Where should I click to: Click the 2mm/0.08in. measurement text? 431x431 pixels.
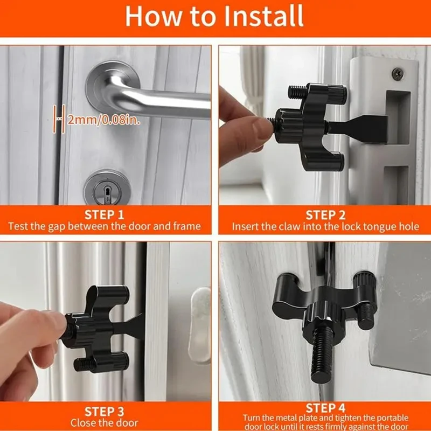[x=103, y=120]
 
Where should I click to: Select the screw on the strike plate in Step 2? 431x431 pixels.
[x=397, y=72]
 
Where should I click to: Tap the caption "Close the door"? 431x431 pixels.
[x=104, y=423]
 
